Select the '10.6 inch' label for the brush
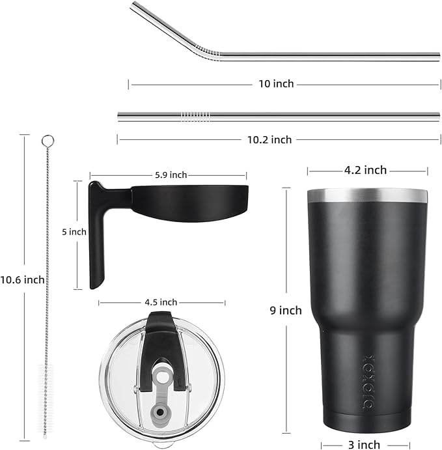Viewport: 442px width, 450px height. pyautogui.click(x=23, y=279)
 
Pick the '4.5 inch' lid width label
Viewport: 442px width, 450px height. pyautogui.click(x=159, y=302)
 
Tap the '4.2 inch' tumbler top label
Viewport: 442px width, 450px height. pyautogui.click(x=366, y=171)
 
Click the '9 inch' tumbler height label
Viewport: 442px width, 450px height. pyautogui.click(x=286, y=311)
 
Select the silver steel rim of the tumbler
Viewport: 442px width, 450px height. pyautogui.click(x=368, y=196)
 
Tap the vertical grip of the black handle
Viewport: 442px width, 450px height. pyautogui.click(x=97, y=241)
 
